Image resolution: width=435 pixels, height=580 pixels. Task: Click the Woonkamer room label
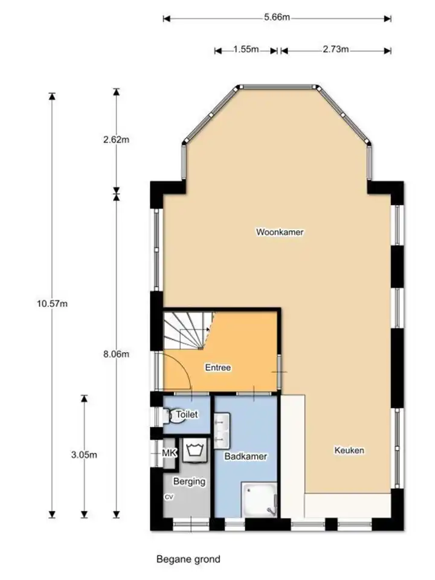[280, 232]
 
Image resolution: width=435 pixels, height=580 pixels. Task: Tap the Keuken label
[349, 450]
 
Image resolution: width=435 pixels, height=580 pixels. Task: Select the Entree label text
[218, 367]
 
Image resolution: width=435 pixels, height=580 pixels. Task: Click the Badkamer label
[246, 456]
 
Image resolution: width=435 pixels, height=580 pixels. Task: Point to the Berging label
[189, 482]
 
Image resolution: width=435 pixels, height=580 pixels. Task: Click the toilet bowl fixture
[169, 415]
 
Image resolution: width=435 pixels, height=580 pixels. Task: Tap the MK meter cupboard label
[169, 453]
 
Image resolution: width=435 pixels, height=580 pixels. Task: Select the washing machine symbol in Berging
[195, 450]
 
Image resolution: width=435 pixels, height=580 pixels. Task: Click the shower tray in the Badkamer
[259, 500]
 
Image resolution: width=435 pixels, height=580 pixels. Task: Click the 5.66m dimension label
[277, 17]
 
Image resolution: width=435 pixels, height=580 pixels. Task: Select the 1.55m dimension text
[246, 49]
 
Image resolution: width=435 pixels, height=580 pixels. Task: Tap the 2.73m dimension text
[335, 49]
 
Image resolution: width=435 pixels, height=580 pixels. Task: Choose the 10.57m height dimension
[52, 304]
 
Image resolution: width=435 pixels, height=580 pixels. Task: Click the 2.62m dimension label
[116, 140]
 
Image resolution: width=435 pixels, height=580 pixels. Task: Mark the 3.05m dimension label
[84, 454]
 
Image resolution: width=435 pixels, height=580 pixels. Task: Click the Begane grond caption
[188, 559]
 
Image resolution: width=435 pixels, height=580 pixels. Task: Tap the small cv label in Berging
[169, 497]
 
